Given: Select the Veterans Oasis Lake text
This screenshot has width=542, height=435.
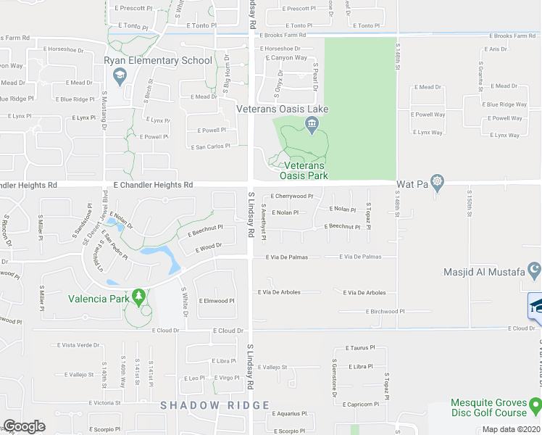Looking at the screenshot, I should click(283, 109).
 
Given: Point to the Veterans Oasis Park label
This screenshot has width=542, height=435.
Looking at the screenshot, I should click(304, 170).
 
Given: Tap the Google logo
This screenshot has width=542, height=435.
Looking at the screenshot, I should click(24, 426).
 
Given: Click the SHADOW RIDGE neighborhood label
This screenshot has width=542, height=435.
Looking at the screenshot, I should click(215, 405).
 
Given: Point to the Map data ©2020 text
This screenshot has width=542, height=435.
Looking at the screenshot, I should click(511, 429).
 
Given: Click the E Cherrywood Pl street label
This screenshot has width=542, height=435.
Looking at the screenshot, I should click(291, 196).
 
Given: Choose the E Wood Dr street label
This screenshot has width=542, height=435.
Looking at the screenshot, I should click(207, 247).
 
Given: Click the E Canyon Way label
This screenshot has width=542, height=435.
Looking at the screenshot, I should click(287, 58).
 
